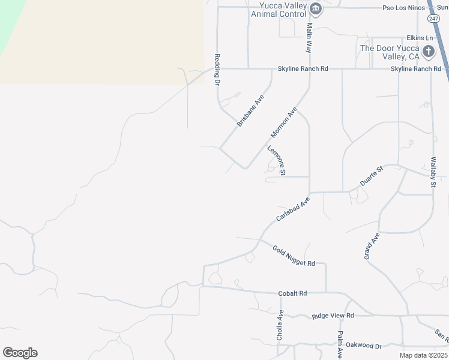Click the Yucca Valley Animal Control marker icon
pos(316,8)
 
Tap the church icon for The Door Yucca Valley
pos(428,51)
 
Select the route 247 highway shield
pos(434,19)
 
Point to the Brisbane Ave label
pos(250,110)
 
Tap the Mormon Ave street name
pos(284,122)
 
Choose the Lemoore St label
pos(276,161)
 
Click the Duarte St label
pos(371,176)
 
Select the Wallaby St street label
pos(432,173)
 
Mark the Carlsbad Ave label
pos(293,209)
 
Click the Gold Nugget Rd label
pos(294,256)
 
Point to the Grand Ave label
pos(372,246)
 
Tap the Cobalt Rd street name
pos(292,293)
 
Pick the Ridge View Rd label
pos(333,316)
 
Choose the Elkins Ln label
pos(420,38)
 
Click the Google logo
pos(20,353)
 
